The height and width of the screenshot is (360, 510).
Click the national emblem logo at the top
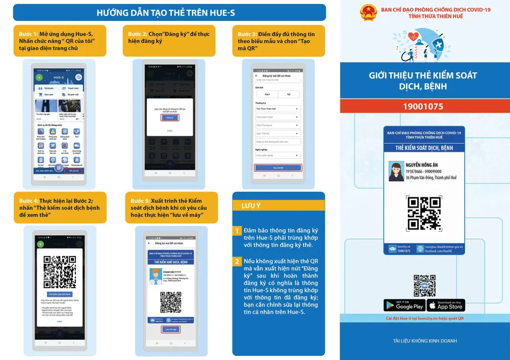click(368, 13)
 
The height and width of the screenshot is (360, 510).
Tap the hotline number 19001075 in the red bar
click(423, 107)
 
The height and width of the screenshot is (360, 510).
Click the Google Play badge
click(403, 305)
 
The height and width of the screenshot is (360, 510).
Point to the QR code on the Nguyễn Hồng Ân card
click(424, 213)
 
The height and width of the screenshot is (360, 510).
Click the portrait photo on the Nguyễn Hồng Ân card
click(396, 171)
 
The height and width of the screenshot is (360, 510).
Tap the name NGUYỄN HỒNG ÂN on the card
click(423, 165)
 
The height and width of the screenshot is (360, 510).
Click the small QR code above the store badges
click(424, 286)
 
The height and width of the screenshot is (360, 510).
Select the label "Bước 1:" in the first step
click(28, 34)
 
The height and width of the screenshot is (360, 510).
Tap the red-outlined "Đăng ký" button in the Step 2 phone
click(170, 118)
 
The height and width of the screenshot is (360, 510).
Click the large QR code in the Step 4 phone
click(60, 269)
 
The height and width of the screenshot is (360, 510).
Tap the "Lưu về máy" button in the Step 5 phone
click(170, 329)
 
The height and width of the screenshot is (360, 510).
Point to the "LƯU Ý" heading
click(251, 206)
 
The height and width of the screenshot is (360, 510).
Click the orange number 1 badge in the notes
click(237, 231)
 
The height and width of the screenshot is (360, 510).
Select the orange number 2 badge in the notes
click(237, 262)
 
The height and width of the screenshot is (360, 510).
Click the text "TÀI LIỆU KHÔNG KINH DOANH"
click(425, 341)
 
